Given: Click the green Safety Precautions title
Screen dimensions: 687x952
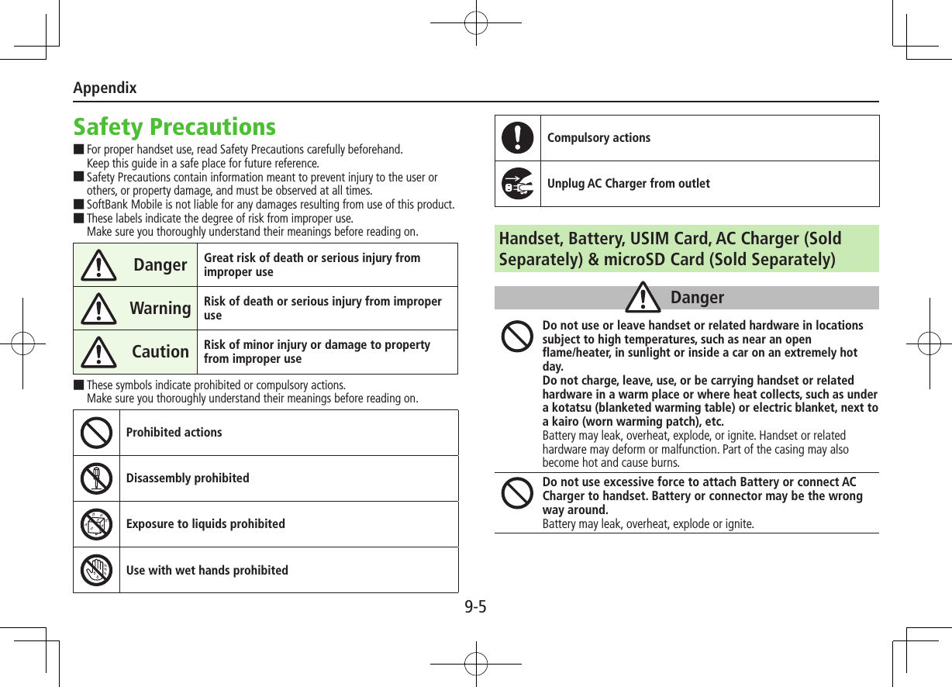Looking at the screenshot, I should coord(174,126).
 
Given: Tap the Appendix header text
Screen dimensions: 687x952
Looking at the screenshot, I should coord(105,88).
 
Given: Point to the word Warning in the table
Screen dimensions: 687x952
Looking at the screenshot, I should coord(160,309).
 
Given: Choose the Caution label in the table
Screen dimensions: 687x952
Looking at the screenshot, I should coord(160,352).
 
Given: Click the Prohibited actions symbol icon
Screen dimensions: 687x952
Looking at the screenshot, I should coord(96,433).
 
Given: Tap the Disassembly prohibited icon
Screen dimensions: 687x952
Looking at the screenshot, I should coord(96,478).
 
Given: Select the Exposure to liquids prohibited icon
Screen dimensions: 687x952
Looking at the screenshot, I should coord(96,524).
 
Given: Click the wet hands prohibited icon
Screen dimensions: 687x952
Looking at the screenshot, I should coord(96,570).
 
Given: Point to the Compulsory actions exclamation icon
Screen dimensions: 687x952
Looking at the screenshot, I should coord(517,138).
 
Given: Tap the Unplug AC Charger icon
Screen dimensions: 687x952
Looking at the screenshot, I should coord(517,184).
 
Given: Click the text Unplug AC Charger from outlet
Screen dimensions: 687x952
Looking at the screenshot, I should coord(628,184).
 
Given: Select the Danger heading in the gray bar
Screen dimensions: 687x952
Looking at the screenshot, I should coord(697,298).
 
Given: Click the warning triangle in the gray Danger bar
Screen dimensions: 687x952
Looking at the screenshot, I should coord(643,299).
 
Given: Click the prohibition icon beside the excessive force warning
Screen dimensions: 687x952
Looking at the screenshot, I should coord(517,492).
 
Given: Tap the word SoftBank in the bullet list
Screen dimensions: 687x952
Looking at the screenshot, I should coord(109,205).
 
